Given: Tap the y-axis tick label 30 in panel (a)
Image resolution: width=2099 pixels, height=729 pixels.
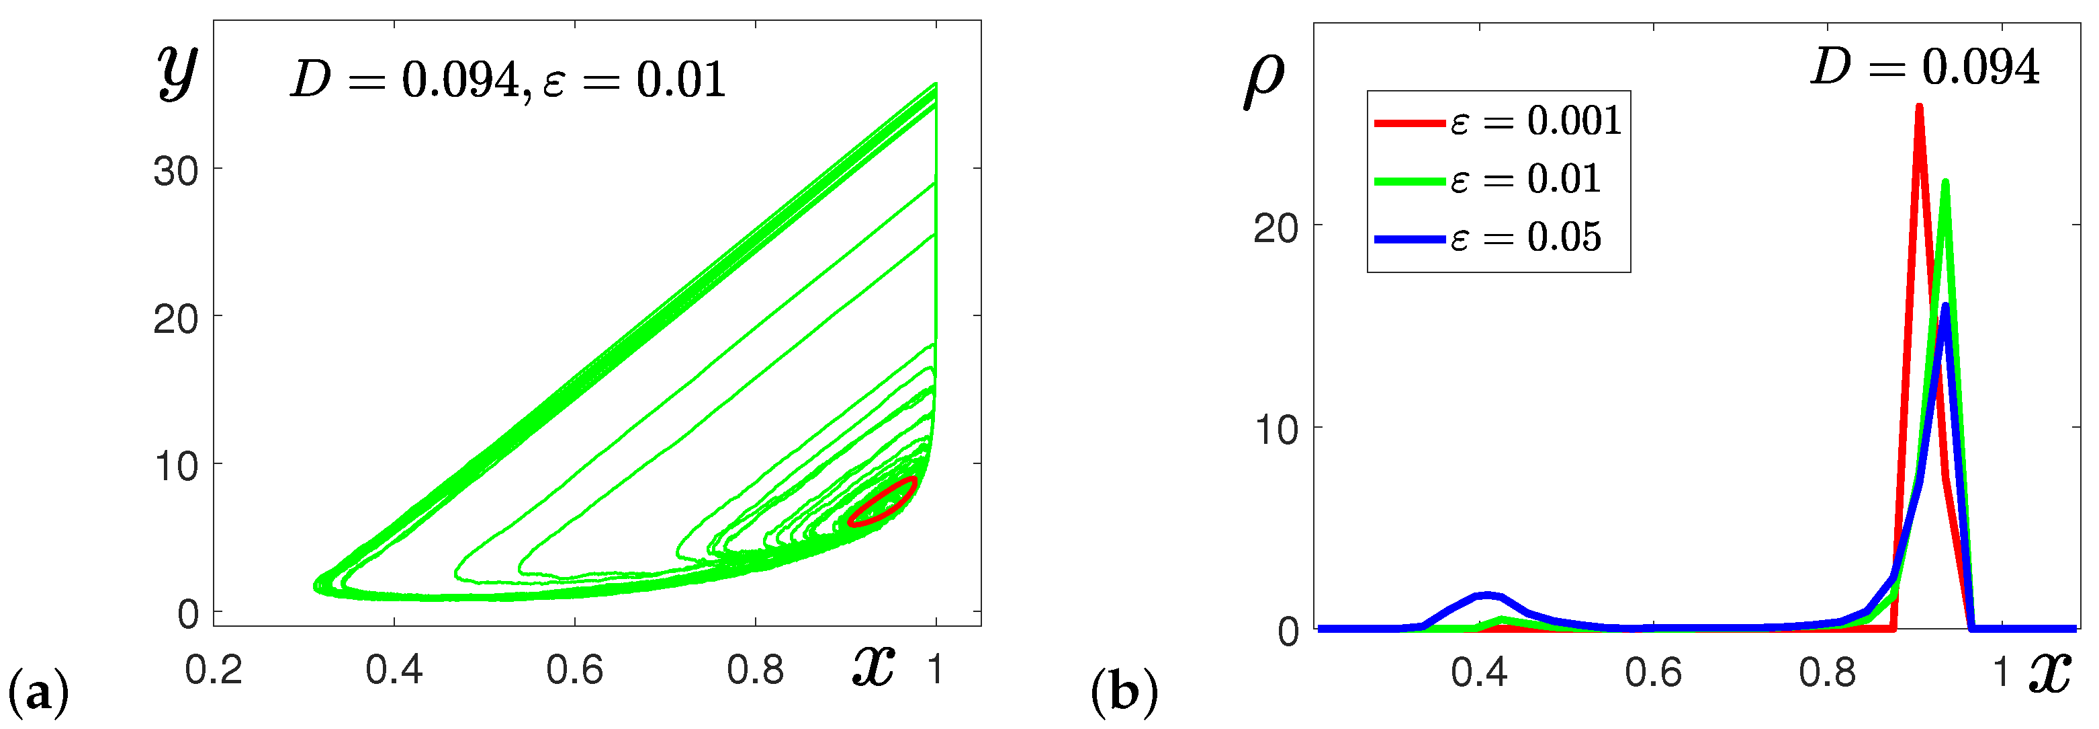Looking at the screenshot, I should pos(175,172).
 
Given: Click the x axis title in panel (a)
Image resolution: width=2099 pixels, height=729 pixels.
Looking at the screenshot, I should pos(873,664).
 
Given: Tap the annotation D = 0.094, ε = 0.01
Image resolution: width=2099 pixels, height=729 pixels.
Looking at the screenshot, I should pos(508,81).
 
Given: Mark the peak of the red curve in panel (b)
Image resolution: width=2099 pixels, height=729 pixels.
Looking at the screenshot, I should pos(1920,108).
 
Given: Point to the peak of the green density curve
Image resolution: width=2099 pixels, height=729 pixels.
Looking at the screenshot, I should pos(1946,184).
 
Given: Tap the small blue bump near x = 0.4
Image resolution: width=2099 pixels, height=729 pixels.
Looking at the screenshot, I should pos(1488,595).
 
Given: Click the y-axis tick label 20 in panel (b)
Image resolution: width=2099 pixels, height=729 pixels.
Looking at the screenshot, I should pos(1276,229).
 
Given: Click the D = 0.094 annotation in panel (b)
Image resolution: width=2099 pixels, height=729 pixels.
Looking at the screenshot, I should pos(1924,67).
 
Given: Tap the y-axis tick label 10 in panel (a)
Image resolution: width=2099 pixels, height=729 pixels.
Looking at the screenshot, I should pos(175,467).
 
